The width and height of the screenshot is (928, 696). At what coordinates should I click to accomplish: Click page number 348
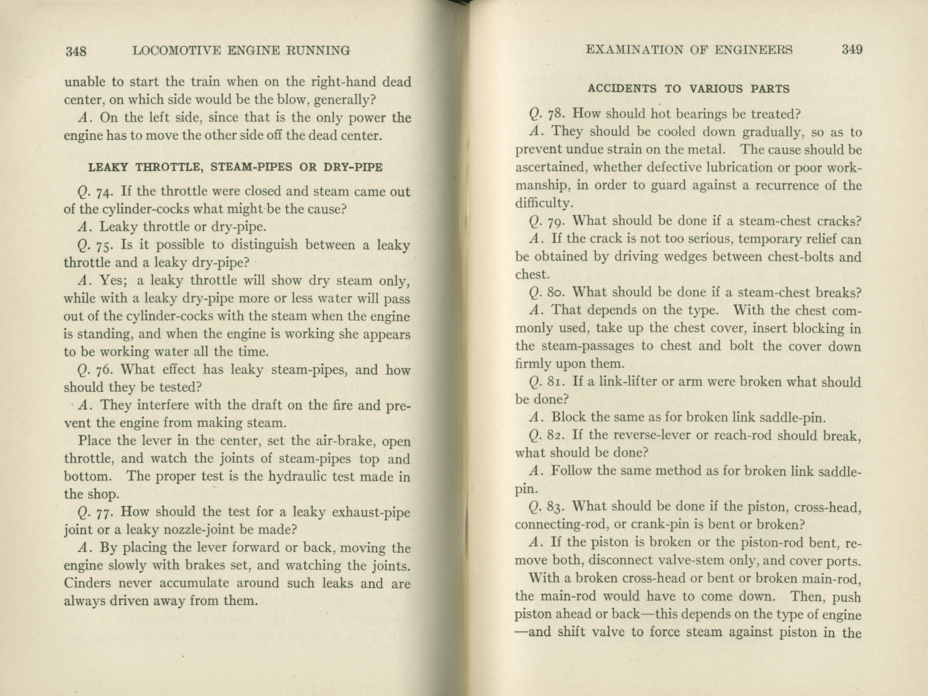pyautogui.click(x=76, y=51)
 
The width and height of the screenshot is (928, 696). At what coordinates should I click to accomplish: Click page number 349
pyautogui.click(x=852, y=49)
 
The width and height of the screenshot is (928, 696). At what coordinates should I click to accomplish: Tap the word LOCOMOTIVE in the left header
pyautogui.click(x=174, y=50)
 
